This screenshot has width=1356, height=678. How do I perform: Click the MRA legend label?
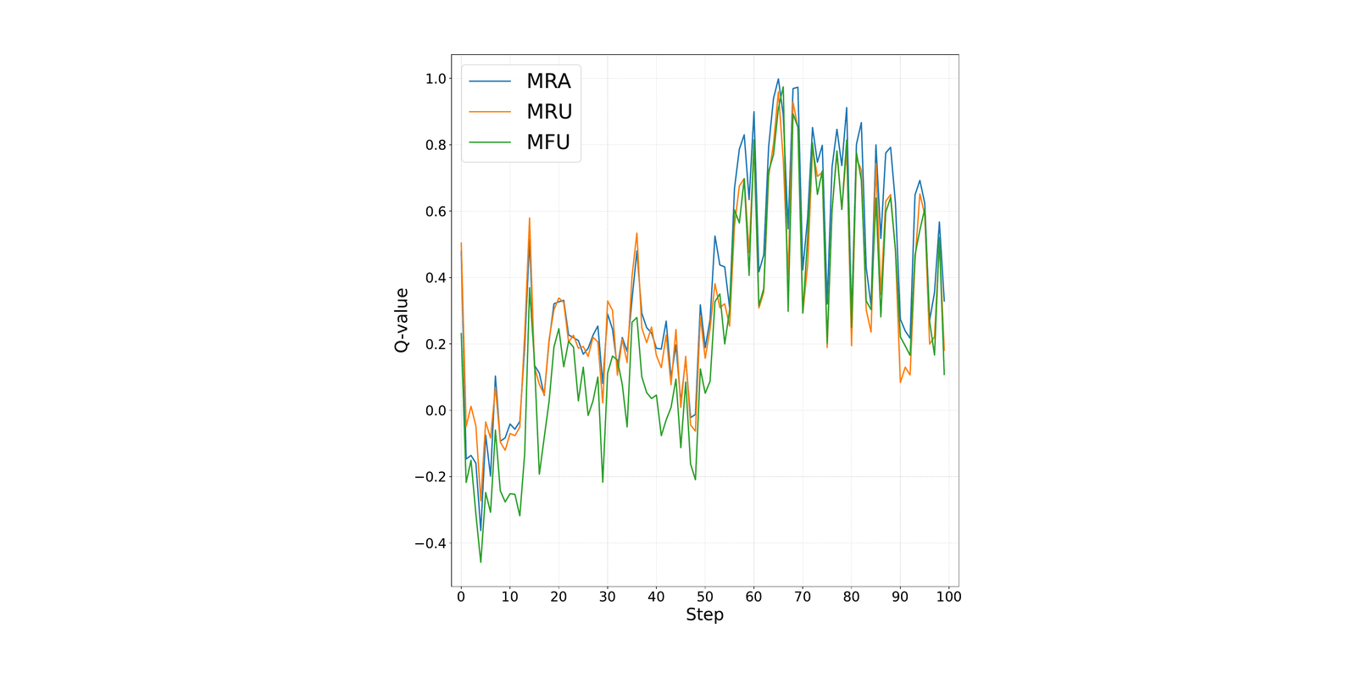[x=548, y=81]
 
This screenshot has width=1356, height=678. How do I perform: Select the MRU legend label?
[x=549, y=111]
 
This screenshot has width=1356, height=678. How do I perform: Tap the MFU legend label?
[x=548, y=142]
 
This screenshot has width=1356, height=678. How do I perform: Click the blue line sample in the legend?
[x=491, y=81]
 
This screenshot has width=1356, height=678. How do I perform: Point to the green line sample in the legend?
[x=491, y=142]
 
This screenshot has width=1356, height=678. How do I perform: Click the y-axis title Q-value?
[x=402, y=320]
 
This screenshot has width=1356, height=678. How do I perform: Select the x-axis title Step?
[x=704, y=615]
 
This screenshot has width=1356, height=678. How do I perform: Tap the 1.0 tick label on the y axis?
[x=436, y=79]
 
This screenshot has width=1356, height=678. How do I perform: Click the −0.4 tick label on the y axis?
[x=431, y=543]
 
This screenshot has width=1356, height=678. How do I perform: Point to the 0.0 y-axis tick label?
[x=436, y=411]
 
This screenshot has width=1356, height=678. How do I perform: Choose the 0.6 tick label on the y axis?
[x=436, y=212]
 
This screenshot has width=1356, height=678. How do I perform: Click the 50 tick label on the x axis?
[x=704, y=597]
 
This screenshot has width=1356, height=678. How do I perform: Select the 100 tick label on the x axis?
[x=948, y=597]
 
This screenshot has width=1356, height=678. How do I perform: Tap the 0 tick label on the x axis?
[x=461, y=597]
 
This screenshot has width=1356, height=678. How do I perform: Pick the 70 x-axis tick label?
[x=803, y=597]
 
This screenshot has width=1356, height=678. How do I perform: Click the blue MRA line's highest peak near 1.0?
[x=778, y=79]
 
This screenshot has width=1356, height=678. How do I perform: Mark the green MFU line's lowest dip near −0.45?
[x=481, y=563]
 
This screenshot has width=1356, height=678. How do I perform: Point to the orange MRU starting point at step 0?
[x=461, y=243]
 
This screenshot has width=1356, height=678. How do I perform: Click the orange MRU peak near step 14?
[x=529, y=218]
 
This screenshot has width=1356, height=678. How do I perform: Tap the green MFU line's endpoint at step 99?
[x=944, y=375]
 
